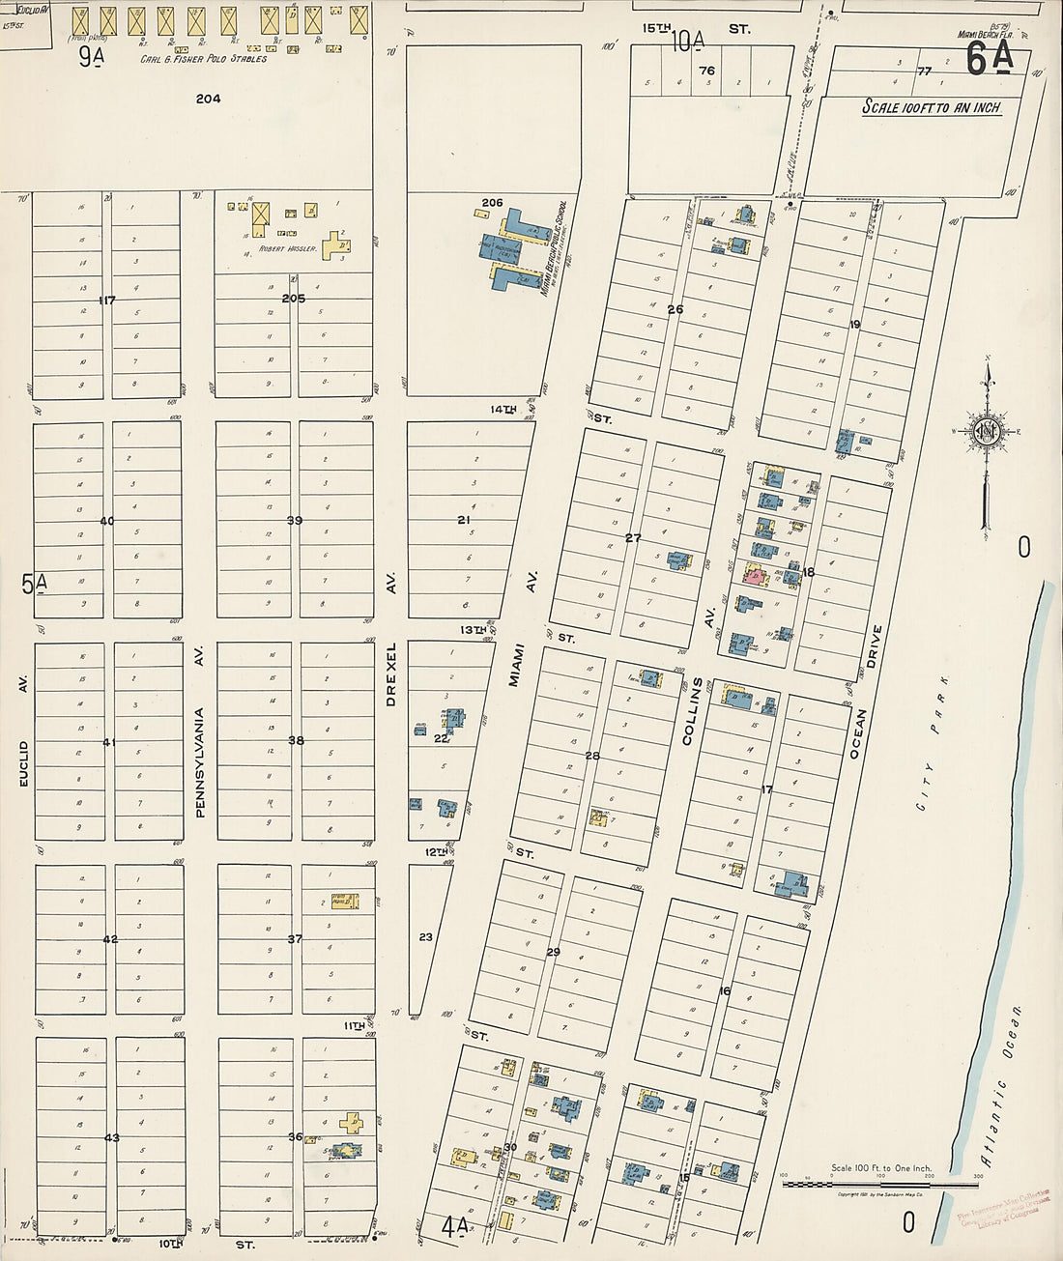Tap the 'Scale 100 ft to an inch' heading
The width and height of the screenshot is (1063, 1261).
pyautogui.click(x=932, y=108)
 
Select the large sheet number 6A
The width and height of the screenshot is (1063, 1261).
pyautogui.click(x=990, y=59)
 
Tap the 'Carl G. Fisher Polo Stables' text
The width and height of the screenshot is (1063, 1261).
pyautogui.click(x=204, y=59)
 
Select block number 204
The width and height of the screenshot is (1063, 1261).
pyautogui.click(x=208, y=99)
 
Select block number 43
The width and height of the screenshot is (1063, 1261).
pyautogui.click(x=112, y=1137)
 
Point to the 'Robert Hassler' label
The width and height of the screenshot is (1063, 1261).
pyautogui.click(x=287, y=248)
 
